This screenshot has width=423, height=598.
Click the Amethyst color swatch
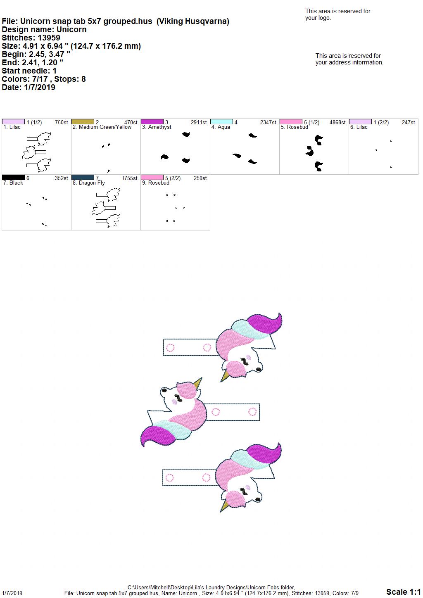pos(152,122)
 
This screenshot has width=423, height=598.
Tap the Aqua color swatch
pos(221,122)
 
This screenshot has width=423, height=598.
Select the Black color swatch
pos(13,178)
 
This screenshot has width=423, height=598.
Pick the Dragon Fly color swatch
pos(83,178)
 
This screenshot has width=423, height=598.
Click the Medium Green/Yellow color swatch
pos(83,122)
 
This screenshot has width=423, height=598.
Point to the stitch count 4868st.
pos(338,123)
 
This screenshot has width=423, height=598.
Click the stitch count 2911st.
pos(199,123)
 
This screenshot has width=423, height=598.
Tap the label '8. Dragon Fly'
pos(89,183)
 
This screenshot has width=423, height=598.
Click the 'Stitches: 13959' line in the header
pos(31,38)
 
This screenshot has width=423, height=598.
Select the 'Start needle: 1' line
pos(29,71)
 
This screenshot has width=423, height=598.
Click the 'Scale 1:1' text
pos(404,591)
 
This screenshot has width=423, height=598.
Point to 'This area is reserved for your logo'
pos(338,14)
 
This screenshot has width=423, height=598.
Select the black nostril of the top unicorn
pos(259,369)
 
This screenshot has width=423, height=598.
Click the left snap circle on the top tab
pos(170,347)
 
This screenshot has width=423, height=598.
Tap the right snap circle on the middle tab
pos(252,412)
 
